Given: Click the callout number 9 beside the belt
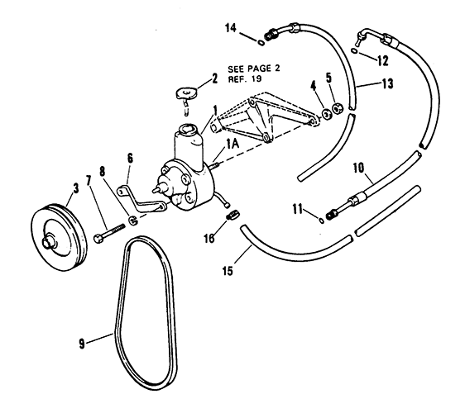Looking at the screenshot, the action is coord(82,344).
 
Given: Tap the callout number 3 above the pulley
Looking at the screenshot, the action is coord(75,188).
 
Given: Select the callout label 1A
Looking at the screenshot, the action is coord(232,145).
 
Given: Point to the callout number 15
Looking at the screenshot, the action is coord(228,271).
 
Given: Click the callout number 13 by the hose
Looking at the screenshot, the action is coord(387,83).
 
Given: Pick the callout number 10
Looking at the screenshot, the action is coord(358,168).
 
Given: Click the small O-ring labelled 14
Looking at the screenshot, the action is coord(261,43).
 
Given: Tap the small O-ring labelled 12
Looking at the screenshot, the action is coord(354,51).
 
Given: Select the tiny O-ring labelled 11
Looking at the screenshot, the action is coord(321,221).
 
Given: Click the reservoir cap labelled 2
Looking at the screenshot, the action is coord(185,93).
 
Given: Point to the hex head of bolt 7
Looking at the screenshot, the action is coord(98,238).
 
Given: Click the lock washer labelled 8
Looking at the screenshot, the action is coord(132,221).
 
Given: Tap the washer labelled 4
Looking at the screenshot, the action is coord(326,114).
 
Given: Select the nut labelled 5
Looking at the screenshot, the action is coord(338,108).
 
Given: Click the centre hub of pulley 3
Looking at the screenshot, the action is coord(48,241).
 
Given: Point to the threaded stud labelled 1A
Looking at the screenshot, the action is coord(214,165).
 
